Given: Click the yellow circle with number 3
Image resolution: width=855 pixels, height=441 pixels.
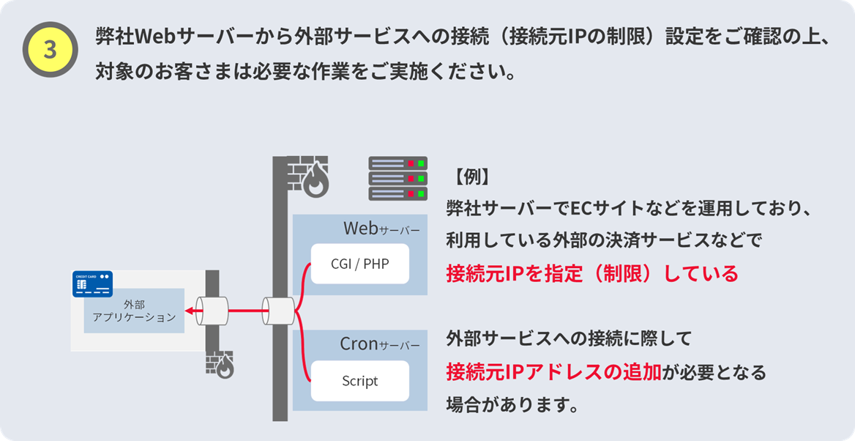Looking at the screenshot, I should click(50, 50).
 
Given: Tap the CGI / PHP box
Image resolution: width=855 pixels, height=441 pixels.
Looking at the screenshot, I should click(359, 263).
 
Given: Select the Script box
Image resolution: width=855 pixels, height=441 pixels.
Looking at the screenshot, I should click(359, 381).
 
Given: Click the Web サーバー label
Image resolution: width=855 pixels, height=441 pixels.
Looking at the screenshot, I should click(381, 229).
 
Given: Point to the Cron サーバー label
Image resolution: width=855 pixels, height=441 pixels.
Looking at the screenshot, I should click(379, 344).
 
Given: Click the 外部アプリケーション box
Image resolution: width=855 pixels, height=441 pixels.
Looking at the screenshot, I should click(134, 311).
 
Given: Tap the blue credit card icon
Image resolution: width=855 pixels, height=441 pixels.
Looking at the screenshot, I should click(92, 283).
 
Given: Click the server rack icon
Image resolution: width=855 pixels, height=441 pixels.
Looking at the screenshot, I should click(397, 178).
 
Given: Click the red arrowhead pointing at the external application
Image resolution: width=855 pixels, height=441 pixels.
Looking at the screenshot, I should click(189, 311).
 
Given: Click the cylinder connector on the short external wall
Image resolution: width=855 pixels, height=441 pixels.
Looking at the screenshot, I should click(212, 311).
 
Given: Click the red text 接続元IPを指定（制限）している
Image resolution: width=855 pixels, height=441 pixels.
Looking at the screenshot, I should click(592, 273).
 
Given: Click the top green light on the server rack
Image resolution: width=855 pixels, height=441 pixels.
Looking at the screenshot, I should click(420, 163).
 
